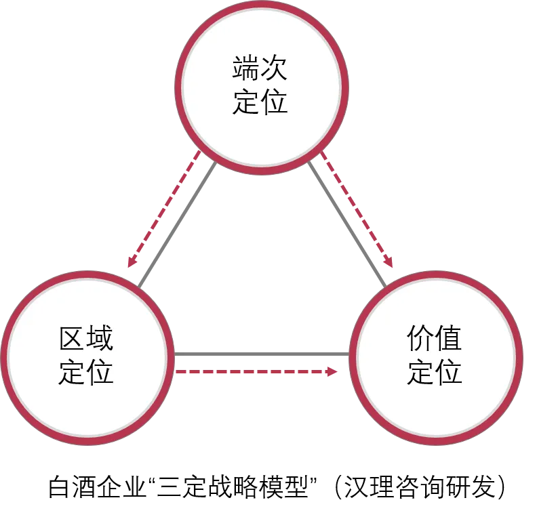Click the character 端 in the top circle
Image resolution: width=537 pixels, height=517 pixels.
click(246, 70)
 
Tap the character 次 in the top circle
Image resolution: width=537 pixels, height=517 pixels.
click(275, 70)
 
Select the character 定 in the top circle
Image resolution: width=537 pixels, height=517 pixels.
click(246, 102)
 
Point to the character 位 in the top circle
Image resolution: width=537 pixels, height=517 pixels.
click(275, 102)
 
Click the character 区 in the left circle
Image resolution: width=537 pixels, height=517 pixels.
click(72, 339)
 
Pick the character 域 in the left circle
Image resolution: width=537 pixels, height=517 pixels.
click(100, 339)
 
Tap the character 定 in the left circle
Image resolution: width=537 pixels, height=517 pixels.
click(72, 371)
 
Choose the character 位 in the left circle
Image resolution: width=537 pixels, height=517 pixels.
click(100, 371)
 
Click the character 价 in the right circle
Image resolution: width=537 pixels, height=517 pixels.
click(420, 339)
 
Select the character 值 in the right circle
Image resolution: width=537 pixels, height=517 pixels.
click(448, 339)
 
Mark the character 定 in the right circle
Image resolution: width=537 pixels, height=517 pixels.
click(420, 371)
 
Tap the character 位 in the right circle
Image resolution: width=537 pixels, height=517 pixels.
click(448, 371)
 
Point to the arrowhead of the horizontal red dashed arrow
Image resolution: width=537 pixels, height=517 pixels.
click(332, 371)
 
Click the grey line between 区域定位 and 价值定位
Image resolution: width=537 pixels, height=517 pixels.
click(261, 354)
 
